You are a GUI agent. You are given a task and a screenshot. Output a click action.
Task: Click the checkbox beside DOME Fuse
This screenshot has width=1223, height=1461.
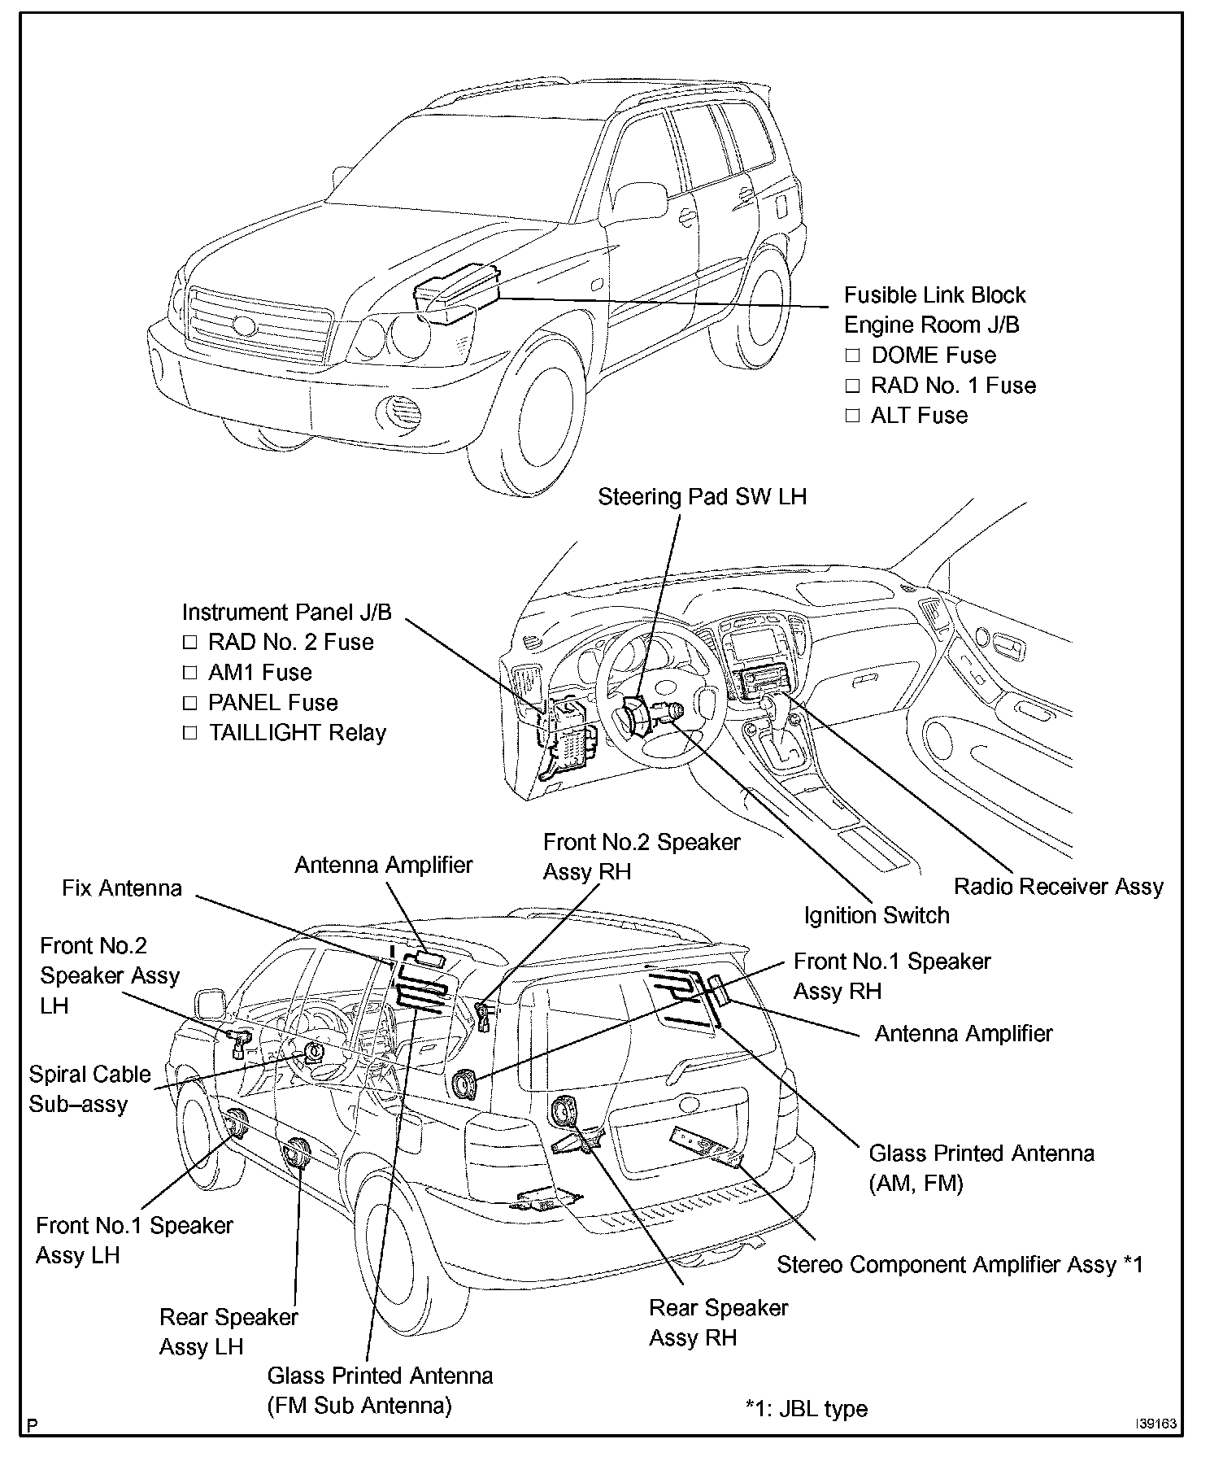[852, 355]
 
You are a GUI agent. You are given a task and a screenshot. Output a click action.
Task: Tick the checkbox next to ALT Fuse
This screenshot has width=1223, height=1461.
[852, 416]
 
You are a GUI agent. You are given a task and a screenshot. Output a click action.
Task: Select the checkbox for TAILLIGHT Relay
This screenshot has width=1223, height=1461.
[189, 733]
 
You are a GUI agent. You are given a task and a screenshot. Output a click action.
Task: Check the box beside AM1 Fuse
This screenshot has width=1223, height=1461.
[189, 673]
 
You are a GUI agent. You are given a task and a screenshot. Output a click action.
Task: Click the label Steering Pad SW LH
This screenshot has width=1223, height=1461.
[702, 497]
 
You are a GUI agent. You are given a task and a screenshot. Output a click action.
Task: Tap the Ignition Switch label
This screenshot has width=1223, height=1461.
[877, 915]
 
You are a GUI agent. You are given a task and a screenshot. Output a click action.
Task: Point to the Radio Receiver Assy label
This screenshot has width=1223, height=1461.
[1058, 886]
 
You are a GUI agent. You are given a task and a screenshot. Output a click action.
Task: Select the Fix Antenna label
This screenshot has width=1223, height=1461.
[122, 888]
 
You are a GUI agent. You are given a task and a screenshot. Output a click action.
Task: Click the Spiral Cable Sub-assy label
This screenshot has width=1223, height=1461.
[89, 1088]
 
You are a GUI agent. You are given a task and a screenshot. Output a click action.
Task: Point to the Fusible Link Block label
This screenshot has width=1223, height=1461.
[934, 294]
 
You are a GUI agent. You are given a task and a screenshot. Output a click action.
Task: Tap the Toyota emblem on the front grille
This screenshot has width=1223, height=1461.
[243, 326]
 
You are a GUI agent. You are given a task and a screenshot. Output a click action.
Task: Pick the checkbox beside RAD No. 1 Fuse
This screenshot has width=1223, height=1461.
[852, 386]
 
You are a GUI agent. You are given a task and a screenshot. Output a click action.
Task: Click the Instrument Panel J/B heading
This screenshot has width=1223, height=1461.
[286, 612]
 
